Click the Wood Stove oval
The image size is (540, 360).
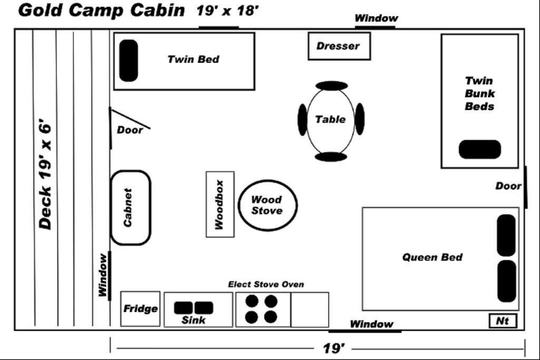[x=268, y=205]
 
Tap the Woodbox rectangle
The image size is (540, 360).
[x=220, y=205]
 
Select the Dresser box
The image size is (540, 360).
[x=339, y=46]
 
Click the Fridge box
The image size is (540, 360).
[x=140, y=309]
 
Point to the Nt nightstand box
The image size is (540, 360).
[x=503, y=320]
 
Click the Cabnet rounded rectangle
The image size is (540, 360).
[x=130, y=208]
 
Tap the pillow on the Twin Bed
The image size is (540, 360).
[x=128, y=61]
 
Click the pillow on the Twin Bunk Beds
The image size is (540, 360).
[x=479, y=149]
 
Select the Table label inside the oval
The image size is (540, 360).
[x=331, y=120]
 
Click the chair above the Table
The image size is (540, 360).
[x=332, y=85]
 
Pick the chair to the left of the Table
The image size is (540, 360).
[x=302, y=120]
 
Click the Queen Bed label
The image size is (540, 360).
[x=432, y=257]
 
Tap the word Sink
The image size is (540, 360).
[x=194, y=320]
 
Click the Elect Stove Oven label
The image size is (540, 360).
[x=266, y=285]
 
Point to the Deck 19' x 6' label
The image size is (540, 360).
[x=46, y=177]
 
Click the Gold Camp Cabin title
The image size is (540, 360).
[x=101, y=11]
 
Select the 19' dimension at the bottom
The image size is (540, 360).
[x=334, y=348]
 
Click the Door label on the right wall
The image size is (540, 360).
[x=508, y=186]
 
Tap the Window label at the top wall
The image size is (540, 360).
[x=376, y=18]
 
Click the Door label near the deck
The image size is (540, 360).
[x=130, y=130]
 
